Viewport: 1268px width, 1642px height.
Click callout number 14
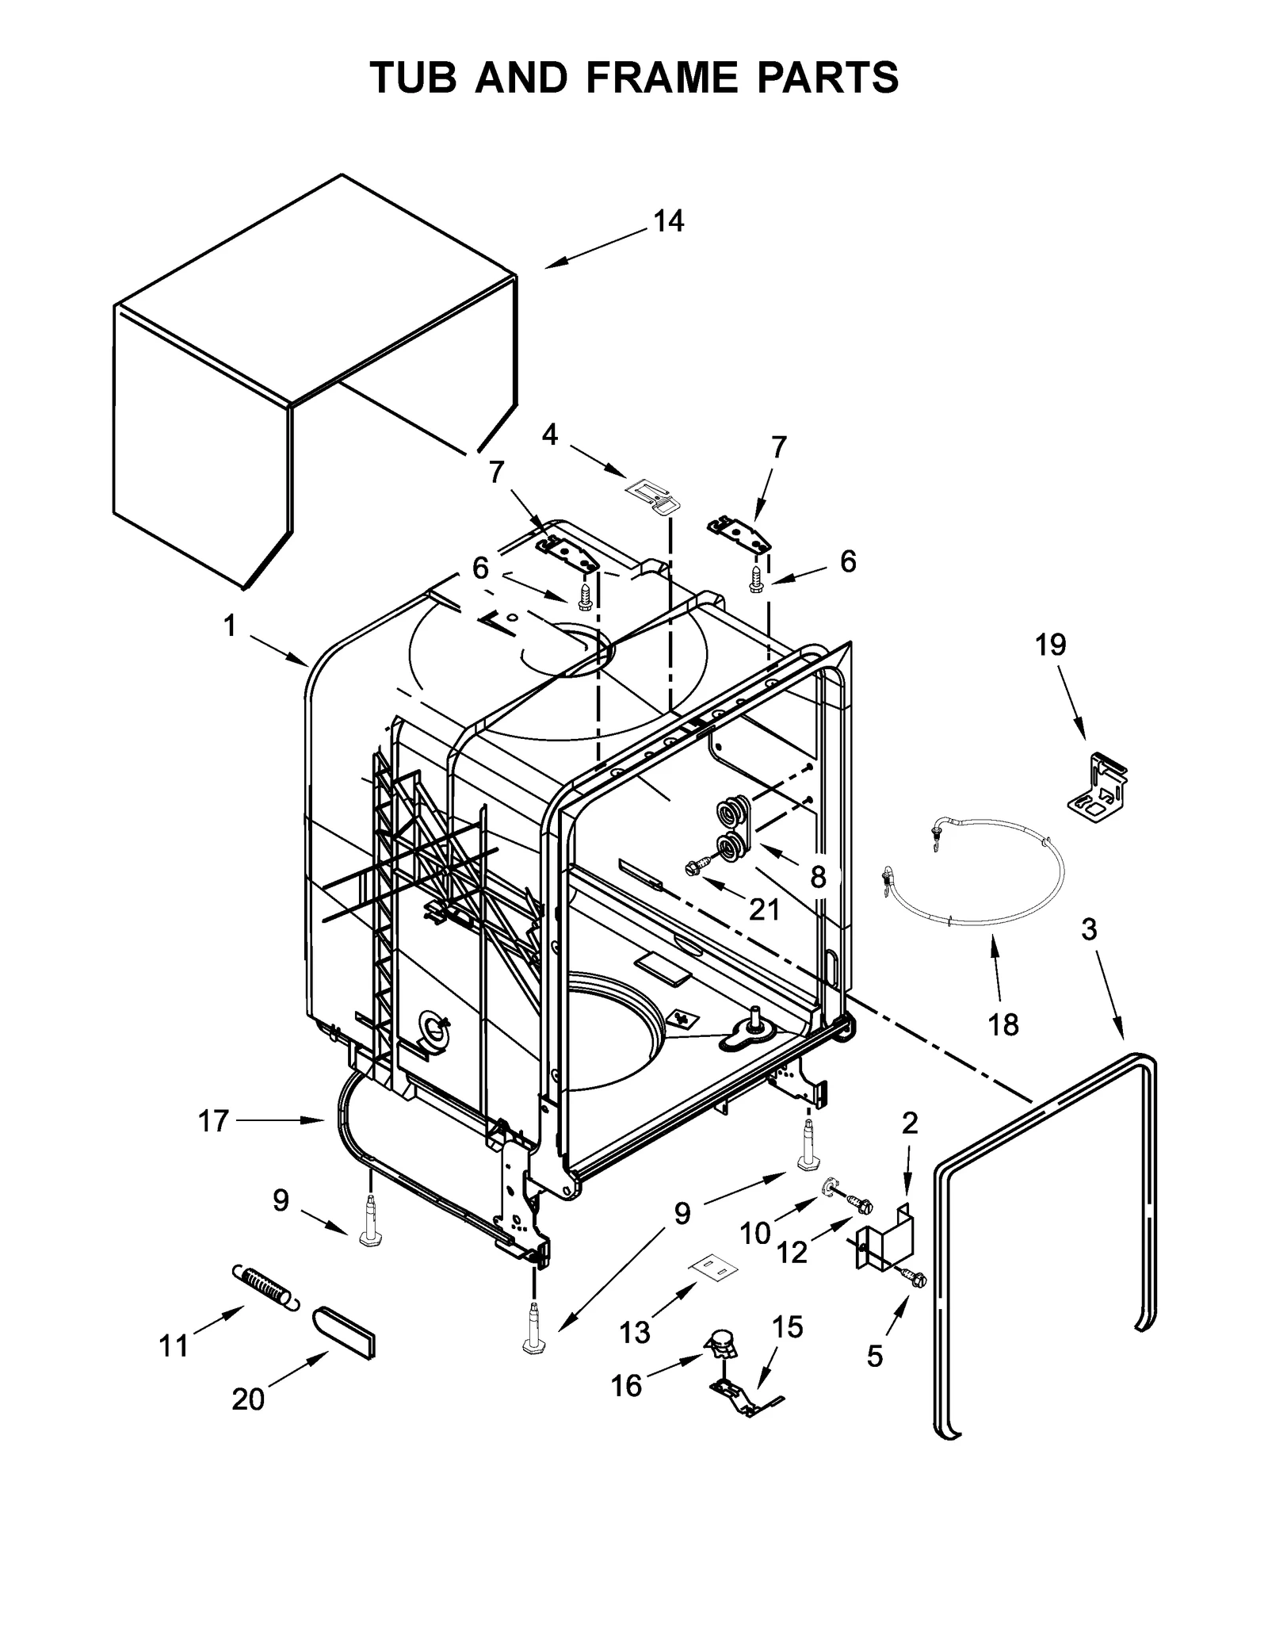click(x=668, y=221)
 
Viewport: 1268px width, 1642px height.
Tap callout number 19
click(x=1050, y=645)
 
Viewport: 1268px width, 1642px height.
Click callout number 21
click(x=764, y=909)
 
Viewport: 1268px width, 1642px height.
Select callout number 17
click(x=212, y=1121)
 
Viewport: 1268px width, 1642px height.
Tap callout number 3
click(x=1089, y=929)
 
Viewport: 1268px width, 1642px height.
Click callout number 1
click(x=230, y=626)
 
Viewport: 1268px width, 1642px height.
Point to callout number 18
click(x=1003, y=1025)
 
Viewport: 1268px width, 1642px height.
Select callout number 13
click(x=635, y=1332)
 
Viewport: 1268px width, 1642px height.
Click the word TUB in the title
click(x=414, y=77)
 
